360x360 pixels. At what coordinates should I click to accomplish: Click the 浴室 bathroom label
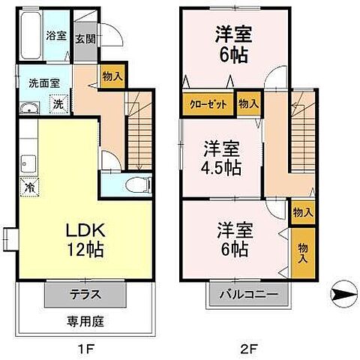coord(55,35)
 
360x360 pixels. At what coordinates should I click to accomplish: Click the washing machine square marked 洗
coord(58,104)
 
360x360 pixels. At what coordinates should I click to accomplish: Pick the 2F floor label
coord(249,349)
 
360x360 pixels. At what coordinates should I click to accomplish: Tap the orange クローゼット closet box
coord(205,104)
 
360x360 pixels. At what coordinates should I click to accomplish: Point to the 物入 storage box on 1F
coord(112,76)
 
